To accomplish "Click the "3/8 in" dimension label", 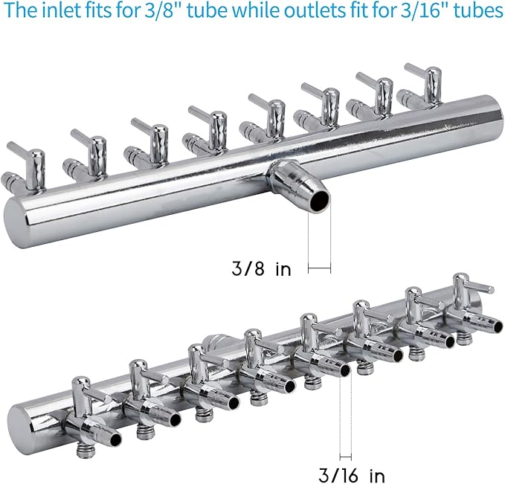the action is (261, 268).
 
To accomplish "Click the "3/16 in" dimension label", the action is (352, 474).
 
